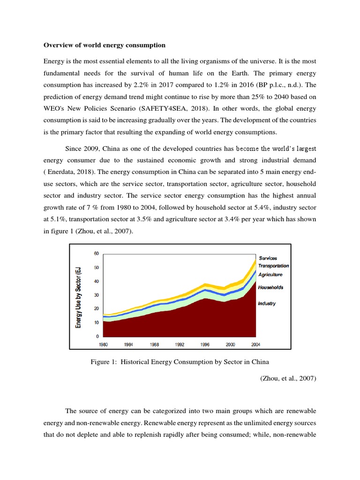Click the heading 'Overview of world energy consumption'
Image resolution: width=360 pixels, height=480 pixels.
[x=104, y=45]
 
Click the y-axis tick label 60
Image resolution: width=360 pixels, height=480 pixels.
[x=97, y=254]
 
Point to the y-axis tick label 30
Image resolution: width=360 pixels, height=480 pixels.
[x=97, y=295]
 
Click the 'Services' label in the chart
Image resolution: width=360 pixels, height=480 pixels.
[x=268, y=258]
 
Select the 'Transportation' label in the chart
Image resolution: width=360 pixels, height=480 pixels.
[x=274, y=266]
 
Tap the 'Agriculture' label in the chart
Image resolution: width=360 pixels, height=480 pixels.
[x=270, y=274]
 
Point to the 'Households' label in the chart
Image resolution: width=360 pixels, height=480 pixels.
[x=270, y=287]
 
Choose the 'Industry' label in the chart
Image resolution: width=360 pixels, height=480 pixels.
[x=267, y=303]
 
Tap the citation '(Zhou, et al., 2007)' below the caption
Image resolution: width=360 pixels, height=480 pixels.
[x=288, y=378]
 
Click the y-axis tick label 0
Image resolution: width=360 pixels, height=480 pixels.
[x=97, y=337]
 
